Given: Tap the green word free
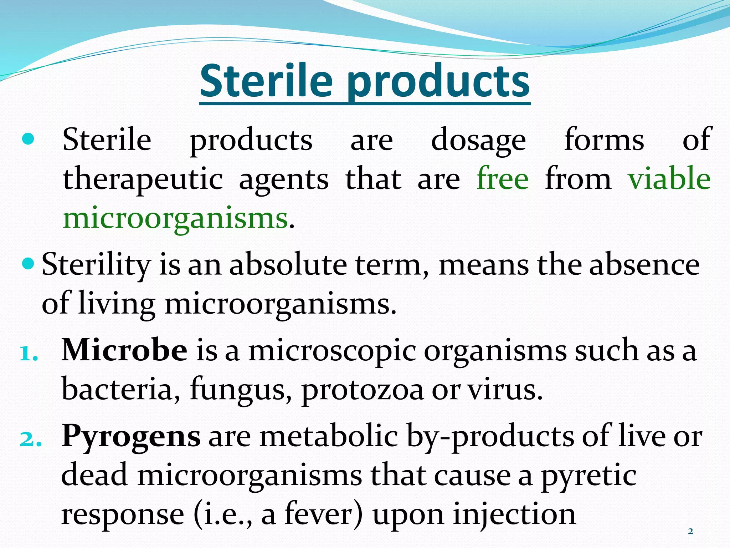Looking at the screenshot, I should point(503,178).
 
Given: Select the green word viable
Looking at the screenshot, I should point(669,178).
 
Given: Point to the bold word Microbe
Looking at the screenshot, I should point(124,350).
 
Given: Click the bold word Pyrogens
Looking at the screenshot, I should point(131,436).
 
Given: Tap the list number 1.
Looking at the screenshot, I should point(29,354).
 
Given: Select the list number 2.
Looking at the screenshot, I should point(30,440).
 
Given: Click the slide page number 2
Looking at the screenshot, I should point(690,531).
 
